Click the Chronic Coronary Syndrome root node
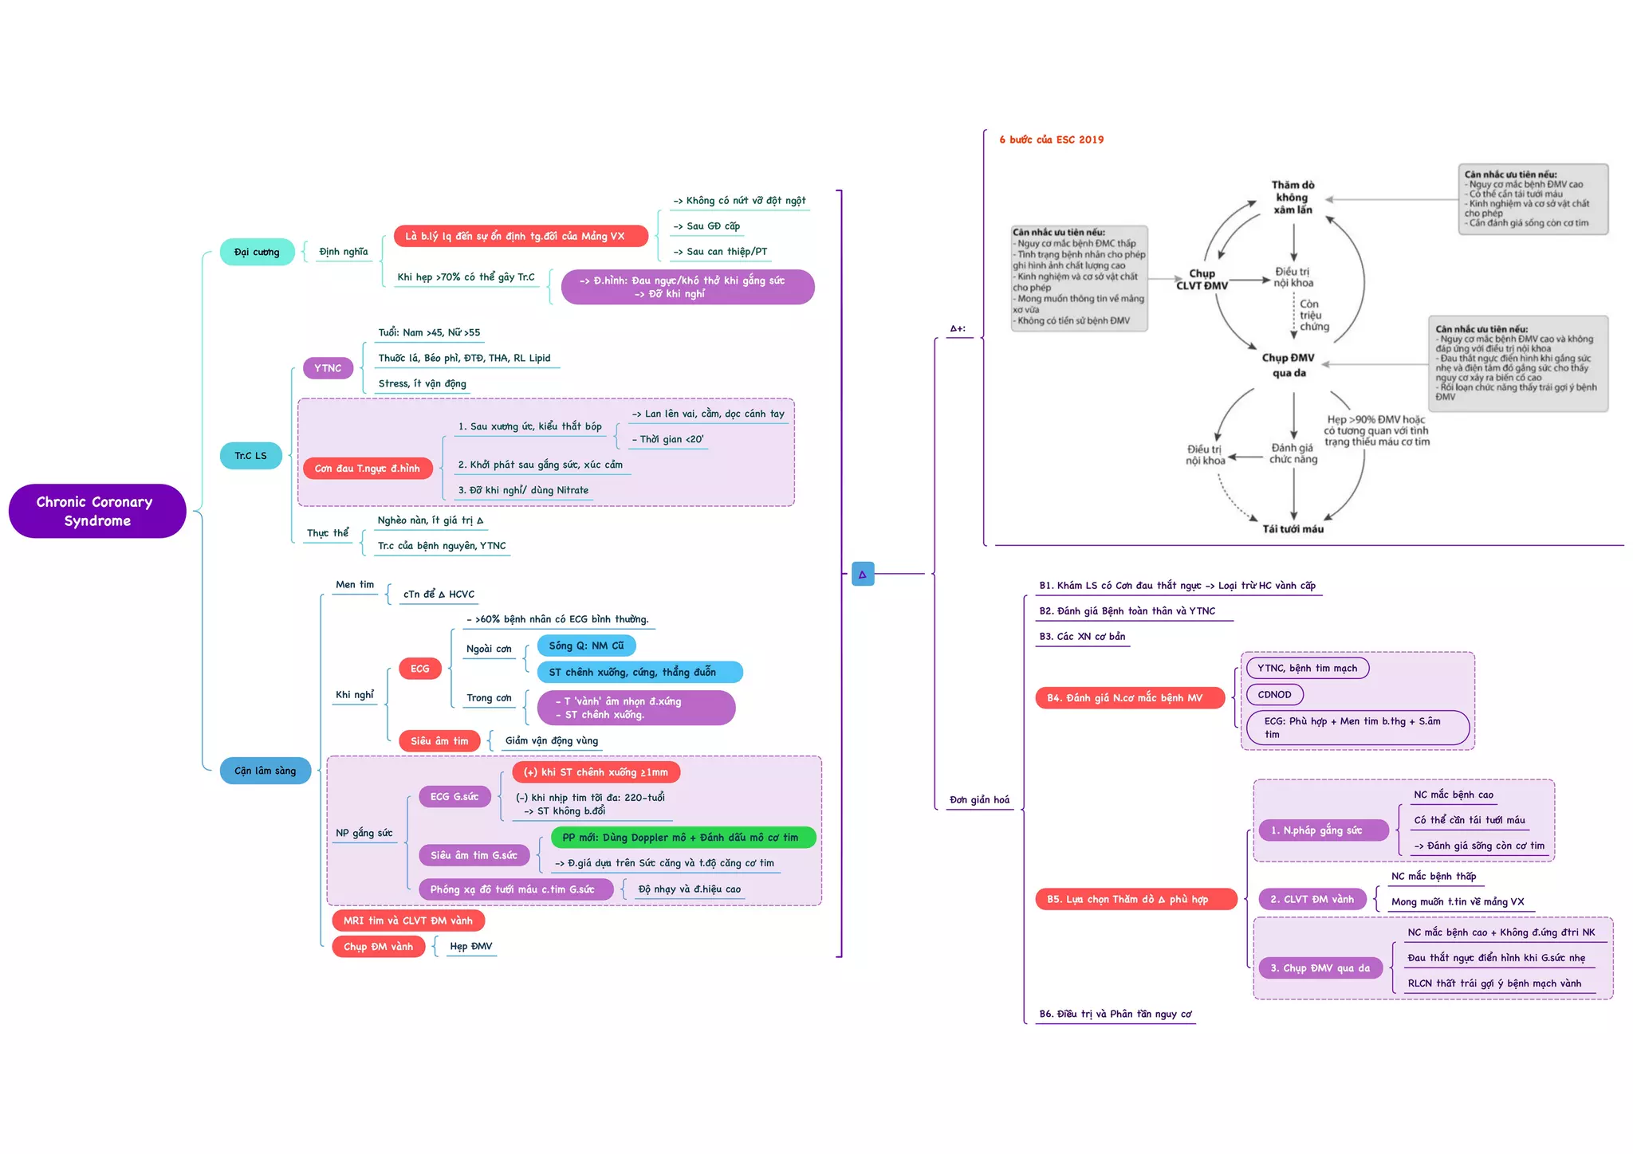tap(96, 511)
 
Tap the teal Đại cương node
tap(257, 252)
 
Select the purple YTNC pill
tap(328, 368)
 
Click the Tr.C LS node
tap(250, 456)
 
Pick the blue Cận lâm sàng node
tap(265, 771)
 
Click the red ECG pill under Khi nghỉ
tap(419, 669)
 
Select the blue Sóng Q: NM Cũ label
tap(586, 646)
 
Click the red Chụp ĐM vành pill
tap(378, 947)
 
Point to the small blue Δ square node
tap(863, 574)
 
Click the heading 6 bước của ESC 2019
tap(1051, 139)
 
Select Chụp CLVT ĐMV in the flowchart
tap(1202, 280)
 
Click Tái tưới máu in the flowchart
tap(1293, 529)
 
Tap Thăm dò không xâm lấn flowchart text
tap(1293, 198)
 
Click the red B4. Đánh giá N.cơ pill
tap(1124, 698)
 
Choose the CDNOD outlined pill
tap(1274, 695)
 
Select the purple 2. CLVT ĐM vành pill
tap(1312, 900)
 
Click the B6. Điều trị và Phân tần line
tap(1115, 1015)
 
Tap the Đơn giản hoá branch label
tap(979, 800)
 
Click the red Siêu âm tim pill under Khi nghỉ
tap(439, 741)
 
